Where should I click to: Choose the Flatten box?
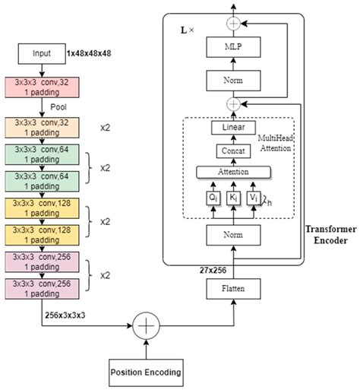[233, 289]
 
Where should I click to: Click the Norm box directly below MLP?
[234, 78]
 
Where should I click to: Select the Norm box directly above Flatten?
[233, 235]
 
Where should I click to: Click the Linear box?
[233, 128]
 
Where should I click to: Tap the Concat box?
[233, 151]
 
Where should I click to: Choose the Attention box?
[233, 173]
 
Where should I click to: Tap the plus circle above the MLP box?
[234, 24]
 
